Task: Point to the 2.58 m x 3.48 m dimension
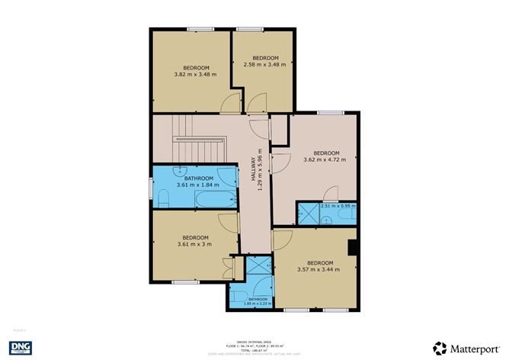pyautogui.click(x=265, y=65)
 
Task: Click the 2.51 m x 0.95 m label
pyautogui.click(x=338, y=206)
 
